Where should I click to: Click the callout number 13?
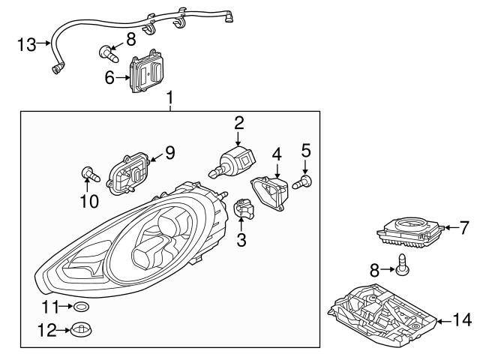coord(25,44)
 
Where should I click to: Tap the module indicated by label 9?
coord(130,173)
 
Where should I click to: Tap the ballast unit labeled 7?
coord(408,230)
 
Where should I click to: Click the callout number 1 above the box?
coord(170,97)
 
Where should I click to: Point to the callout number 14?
coord(462,320)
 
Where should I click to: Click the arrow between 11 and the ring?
coord(66,307)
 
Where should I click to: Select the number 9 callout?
coord(169,153)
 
